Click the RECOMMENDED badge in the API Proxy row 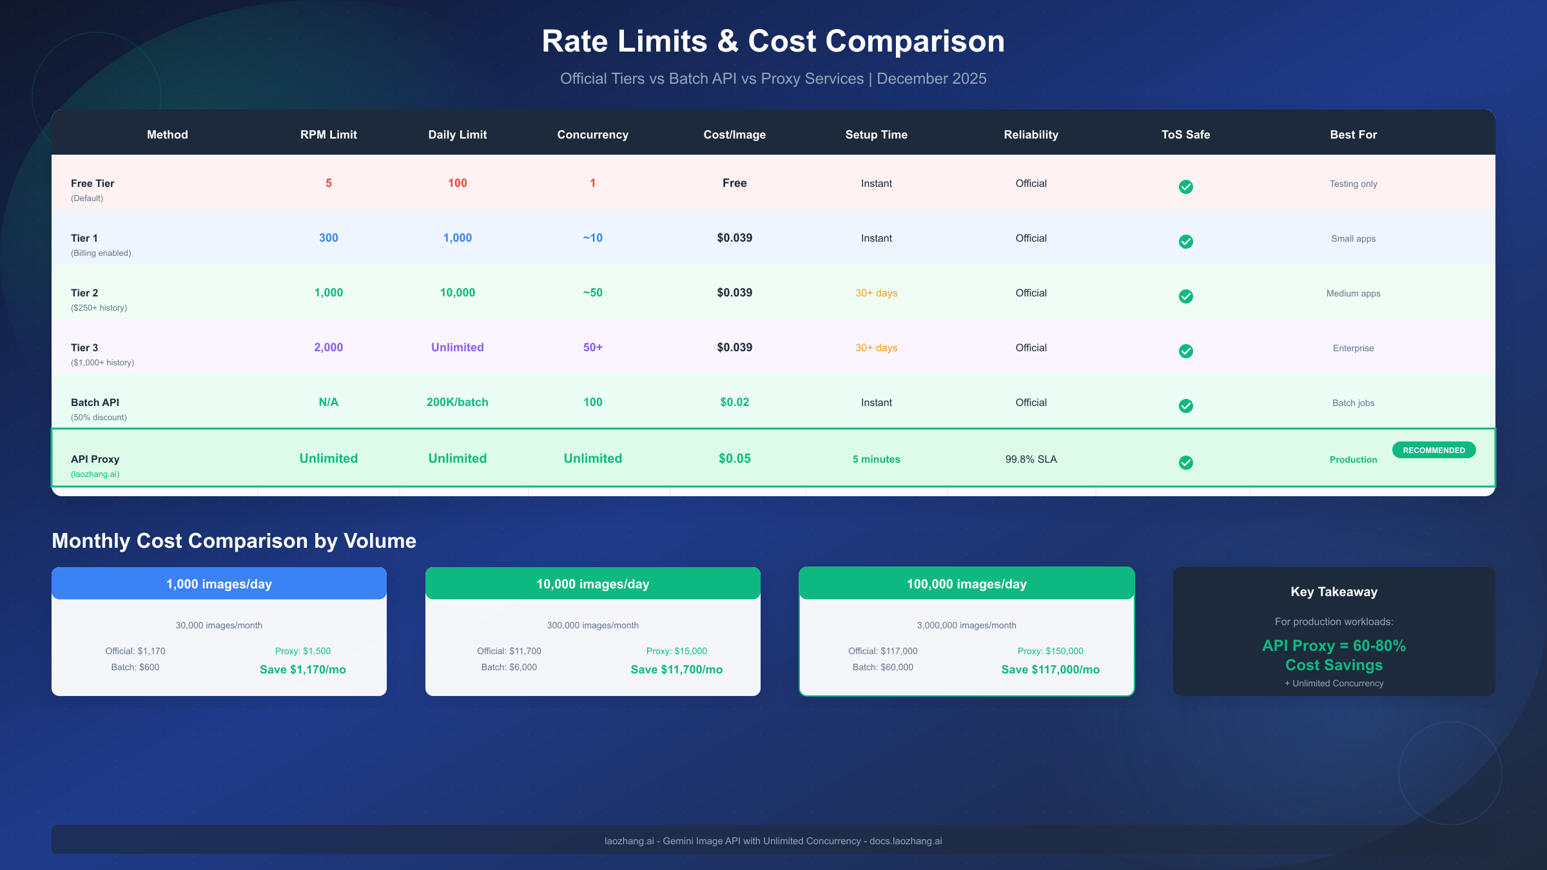coord(1434,450)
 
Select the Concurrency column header coord(592,135)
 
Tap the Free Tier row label coord(92,184)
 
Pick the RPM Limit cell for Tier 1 coord(328,238)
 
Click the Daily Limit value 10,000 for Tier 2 coord(457,293)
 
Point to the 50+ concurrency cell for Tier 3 coord(592,347)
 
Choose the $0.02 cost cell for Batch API coord(734,402)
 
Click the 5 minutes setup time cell coord(876,459)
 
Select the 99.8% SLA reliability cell coord(1031,459)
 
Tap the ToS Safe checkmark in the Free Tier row coord(1185,187)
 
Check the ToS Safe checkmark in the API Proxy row coord(1185,463)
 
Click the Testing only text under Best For coord(1353,184)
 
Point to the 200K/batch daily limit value coord(457,402)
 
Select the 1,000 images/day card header coord(219,584)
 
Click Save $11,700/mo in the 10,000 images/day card coord(676,670)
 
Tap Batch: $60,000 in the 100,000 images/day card coord(882,668)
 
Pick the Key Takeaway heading coord(1334,592)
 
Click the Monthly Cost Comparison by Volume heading coord(234,541)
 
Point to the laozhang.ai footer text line coord(773,841)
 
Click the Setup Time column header coord(876,135)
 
